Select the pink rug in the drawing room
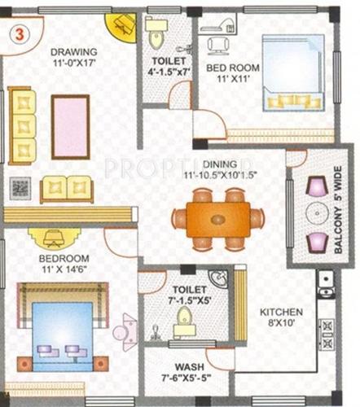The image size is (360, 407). [x=71, y=127]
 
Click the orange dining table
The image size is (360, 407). [x=217, y=219]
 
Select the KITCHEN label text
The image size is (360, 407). [x=281, y=313]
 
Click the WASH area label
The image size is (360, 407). [x=190, y=366]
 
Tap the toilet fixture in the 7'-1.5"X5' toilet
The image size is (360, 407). [x=185, y=319]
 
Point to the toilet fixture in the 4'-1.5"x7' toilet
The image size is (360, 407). [x=156, y=37]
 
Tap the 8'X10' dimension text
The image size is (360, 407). [x=281, y=325]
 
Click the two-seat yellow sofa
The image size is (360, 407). [x=67, y=187]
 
